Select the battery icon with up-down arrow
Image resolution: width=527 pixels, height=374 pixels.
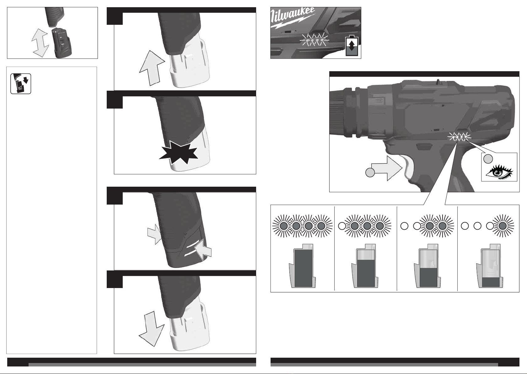click(352, 46)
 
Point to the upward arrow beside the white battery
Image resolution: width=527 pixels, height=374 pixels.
click(152, 68)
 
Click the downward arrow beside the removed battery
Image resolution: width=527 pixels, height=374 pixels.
click(152, 329)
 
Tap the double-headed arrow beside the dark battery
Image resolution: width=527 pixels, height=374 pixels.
click(40, 43)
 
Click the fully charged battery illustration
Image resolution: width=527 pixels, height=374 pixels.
click(303, 266)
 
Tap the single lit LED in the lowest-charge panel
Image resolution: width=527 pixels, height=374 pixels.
click(503, 226)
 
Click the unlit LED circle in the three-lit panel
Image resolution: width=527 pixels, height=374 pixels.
click(342, 226)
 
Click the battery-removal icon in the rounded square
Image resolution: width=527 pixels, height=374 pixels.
click(21, 84)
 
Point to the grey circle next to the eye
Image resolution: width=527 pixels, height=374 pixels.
click(488, 159)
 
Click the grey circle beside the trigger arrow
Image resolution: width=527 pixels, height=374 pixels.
click(370, 173)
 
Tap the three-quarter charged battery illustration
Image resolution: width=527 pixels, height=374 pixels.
click(365, 266)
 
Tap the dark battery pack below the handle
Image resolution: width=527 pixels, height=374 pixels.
click(63, 42)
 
